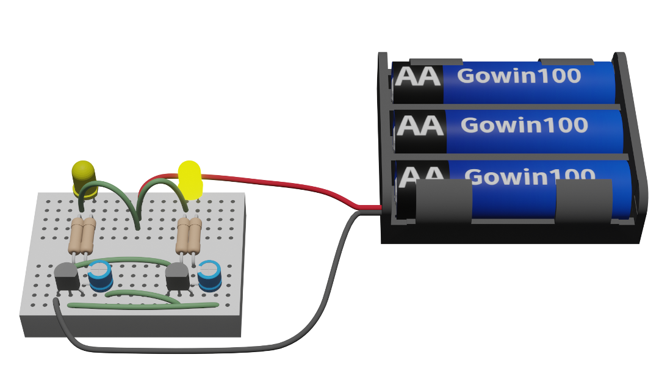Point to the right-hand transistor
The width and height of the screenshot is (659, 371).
(178, 276)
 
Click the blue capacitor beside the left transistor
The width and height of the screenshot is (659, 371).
(100, 276)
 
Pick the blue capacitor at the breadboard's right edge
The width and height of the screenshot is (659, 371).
(210, 276)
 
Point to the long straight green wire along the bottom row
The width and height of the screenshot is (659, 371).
(143, 306)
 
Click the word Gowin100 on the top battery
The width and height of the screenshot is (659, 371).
(519, 76)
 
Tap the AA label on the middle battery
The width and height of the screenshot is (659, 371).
(420, 126)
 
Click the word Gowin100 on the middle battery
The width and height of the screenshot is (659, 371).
(524, 125)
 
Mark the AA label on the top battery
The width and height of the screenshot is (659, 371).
(418, 76)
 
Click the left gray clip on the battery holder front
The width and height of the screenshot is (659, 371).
(444, 201)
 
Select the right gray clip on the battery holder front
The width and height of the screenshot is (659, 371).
(584, 201)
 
